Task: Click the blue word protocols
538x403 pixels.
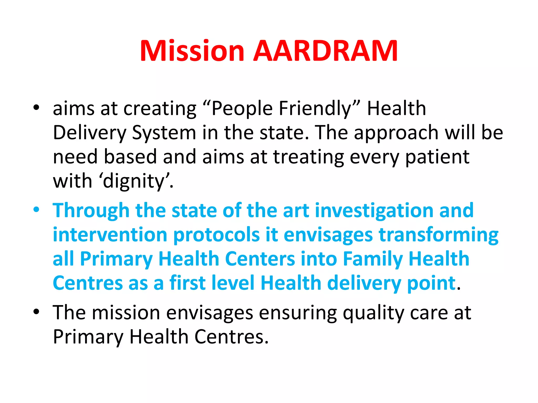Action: click(216, 235)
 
